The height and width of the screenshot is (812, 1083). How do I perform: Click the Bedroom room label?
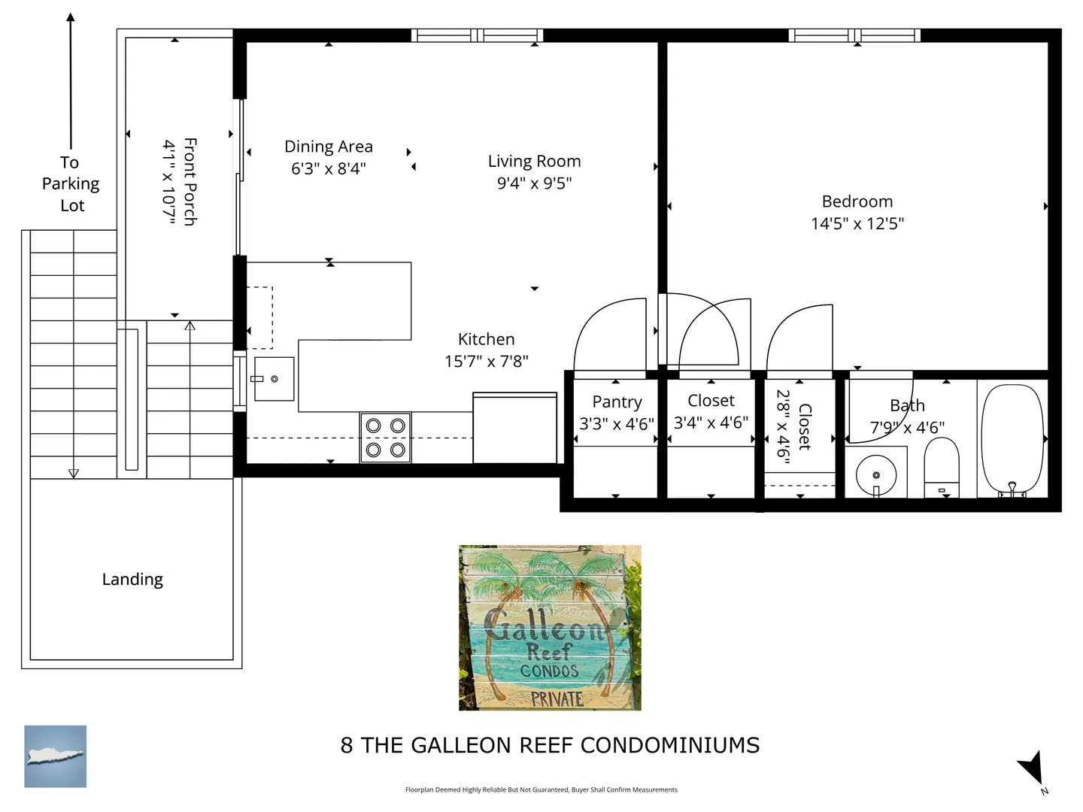pyautogui.click(x=857, y=201)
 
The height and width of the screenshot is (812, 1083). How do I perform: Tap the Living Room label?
pyautogui.click(x=534, y=161)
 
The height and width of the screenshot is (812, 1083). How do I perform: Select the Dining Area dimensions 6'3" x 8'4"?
pyautogui.click(x=328, y=168)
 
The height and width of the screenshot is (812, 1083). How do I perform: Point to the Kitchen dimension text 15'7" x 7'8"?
pyautogui.click(x=487, y=362)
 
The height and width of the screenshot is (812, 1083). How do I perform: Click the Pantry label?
pyautogui.click(x=617, y=402)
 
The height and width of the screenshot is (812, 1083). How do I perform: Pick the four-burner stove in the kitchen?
pyautogui.click(x=385, y=438)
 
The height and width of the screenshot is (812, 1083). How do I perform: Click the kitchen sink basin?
pyautogui.click(x=275, y=379)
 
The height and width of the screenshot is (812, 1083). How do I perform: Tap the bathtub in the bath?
pyautogui.click(x=1012, y=441)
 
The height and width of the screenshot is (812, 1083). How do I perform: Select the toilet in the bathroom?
pyautogui.click(x=942, y=468)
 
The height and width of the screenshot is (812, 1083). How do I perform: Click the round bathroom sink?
pyautogui.click(x=875, y=475)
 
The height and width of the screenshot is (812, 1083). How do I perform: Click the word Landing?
pyautogui.click(x=132, y=580)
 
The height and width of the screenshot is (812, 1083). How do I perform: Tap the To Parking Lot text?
pyautogui.click(x=71, y=184)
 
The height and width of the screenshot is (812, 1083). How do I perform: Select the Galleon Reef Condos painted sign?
pyautogui.click(x=550, y=628)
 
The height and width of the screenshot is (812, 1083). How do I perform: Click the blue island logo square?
pyautogui.click(x=55, y=756)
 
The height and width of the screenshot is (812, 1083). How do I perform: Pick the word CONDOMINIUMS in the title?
pyautogui.click(x=670, y=745)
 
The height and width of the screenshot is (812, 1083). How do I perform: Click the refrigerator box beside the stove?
pyautogui.click(x=515, y=428)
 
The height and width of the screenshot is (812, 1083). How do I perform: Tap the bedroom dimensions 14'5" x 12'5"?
pyautogui.click(x=857, y=224)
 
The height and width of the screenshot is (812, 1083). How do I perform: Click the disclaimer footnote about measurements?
pyautogui.click(x=541, y=789)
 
